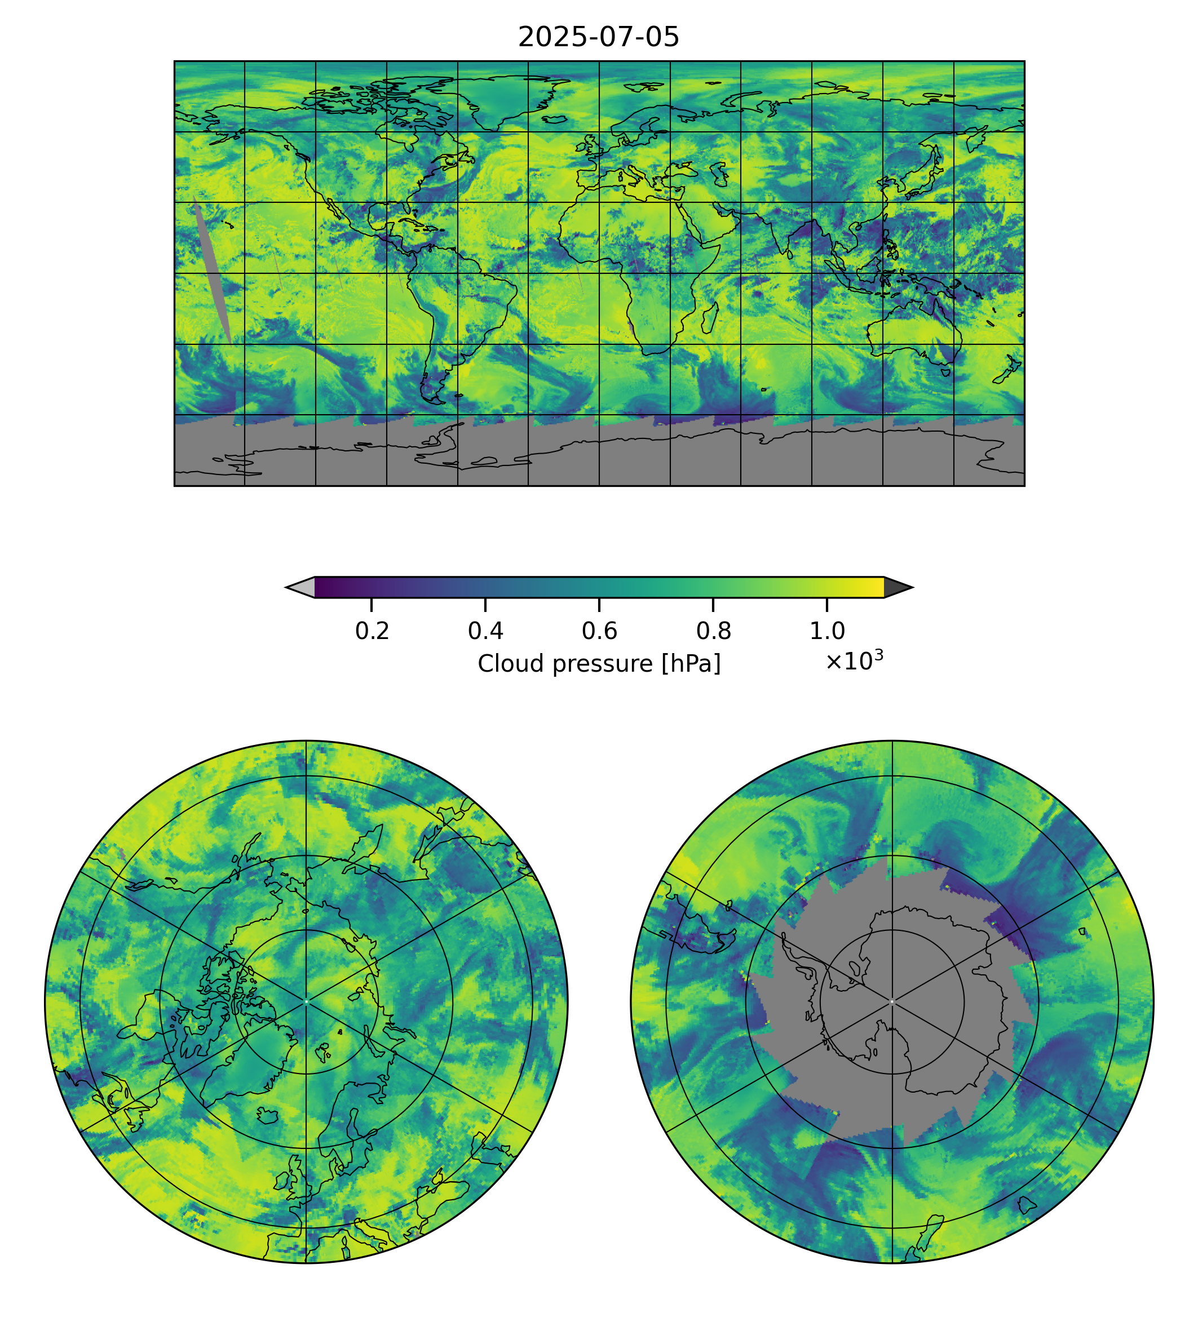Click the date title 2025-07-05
(x=598, y=38)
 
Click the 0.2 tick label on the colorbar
(x=372, y=631)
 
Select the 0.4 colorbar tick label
(x=485, y=631)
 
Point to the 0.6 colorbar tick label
(x=599, y=631)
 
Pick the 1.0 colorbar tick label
(x=826, y=631)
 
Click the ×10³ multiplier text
(x=854, y=661)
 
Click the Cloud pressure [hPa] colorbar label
(x=598, y=663)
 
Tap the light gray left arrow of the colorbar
(x=302, y=588)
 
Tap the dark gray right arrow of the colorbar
(x=897, y=588)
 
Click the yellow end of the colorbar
(x=876, y=588)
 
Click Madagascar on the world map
(x=710, y=318)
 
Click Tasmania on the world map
(x=946, y=372)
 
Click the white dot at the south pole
(x=892, y=1001)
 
